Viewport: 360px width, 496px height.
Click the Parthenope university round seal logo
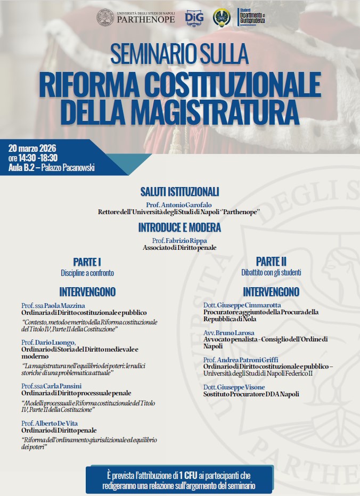click(105, 18)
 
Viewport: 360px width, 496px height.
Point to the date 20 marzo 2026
click(32, 148)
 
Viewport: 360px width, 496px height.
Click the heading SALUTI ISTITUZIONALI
click(179, 192)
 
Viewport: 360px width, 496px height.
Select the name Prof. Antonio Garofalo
click(179, 205)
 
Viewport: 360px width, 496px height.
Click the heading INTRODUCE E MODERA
click(179, 227)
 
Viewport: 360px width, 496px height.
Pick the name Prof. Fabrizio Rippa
click(179, 240)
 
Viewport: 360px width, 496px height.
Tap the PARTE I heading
click(87, 262)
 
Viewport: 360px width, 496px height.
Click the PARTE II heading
click(271, 262)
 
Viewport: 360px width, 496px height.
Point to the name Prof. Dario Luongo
click(48, 342)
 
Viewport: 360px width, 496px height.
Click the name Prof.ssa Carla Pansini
click(52, 386)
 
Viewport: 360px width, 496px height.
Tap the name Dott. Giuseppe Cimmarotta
click(242, 305)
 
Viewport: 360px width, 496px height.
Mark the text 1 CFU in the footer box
click(187, 475)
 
